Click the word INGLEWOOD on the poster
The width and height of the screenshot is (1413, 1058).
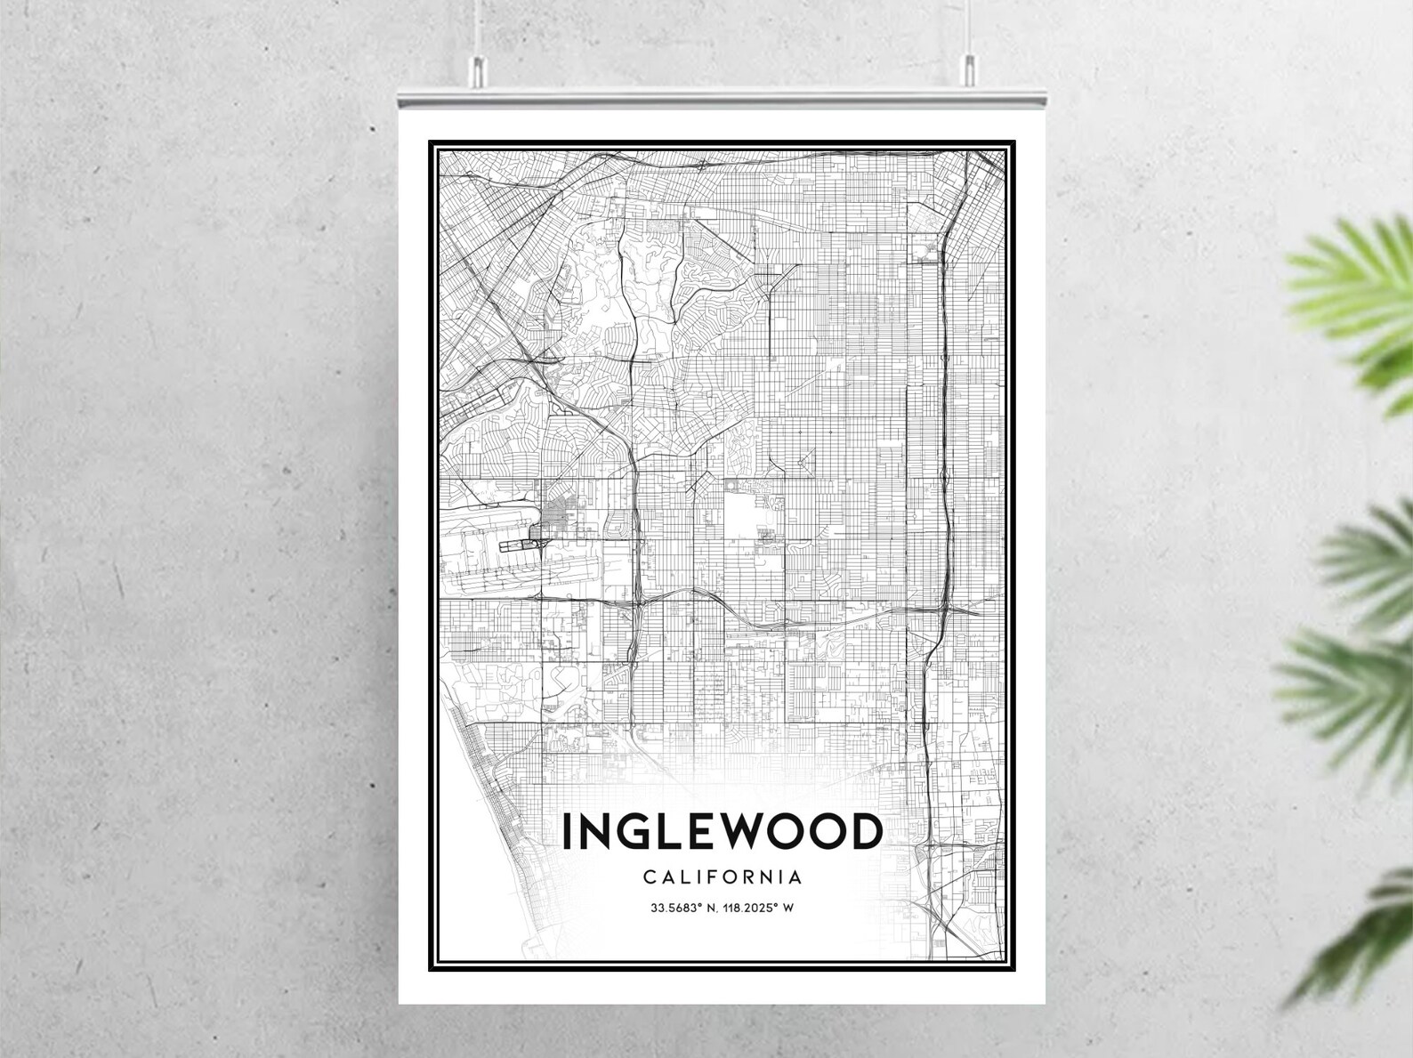(x=722, y=832)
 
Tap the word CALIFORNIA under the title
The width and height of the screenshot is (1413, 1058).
(x=722, y=877)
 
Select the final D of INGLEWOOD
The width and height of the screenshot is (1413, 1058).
(x=865, y=832)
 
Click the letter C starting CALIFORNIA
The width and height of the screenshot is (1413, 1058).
(x=650, y=877)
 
